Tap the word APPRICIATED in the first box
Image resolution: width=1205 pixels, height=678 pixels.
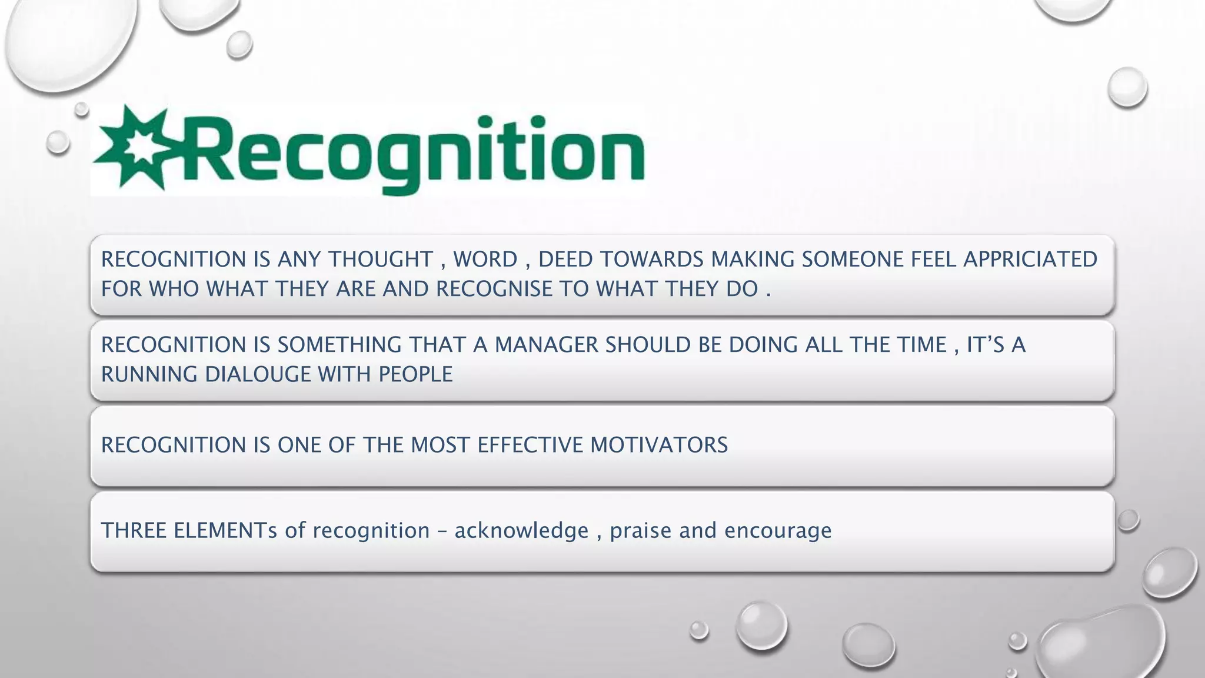click(1030, 260)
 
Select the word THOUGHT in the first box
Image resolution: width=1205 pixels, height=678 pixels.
click(381, 260)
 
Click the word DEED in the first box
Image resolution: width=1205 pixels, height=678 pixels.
click(562, 260)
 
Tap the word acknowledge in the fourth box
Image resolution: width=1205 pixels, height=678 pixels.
click(521, 531)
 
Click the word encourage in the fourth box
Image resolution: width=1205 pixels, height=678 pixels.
click(778, 531)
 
